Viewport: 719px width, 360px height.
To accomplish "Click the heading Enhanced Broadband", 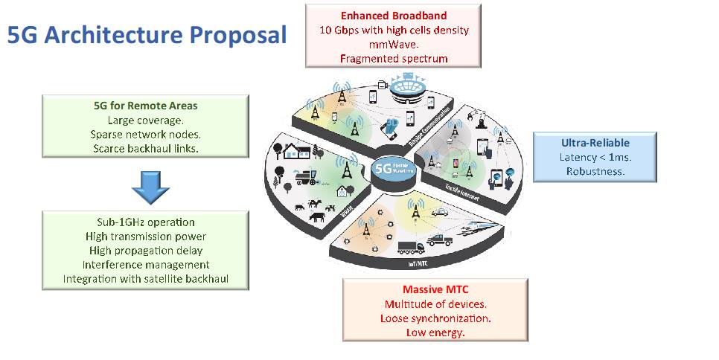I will coord(393,15).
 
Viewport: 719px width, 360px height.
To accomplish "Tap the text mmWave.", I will coord(393,44).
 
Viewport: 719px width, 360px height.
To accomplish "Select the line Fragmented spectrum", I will coord(393,58).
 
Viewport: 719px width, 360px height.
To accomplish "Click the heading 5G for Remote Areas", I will coord(145,106).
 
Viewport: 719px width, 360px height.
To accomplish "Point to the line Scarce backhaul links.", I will coord(145,148).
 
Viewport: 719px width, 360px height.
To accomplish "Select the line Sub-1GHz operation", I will coord(145,222).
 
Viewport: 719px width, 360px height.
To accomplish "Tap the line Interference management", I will coord(145,265).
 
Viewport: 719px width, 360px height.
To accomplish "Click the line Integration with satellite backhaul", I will coord(145,279).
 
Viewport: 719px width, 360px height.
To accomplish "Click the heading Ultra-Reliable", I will coord(596,143).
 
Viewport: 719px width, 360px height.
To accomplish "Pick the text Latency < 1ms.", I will coord(596,157).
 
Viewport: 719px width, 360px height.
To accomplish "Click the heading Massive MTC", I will coord(435,290).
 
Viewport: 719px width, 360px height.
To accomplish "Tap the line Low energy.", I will coord(435,332).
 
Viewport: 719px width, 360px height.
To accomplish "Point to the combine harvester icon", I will coord(303,177).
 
